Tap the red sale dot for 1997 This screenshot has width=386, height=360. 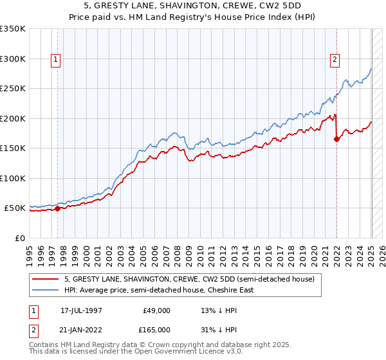click(x=57, y=208)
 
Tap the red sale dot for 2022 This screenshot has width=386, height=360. click(x=336, y=138)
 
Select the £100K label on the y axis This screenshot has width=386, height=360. click(x=14, y=178)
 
